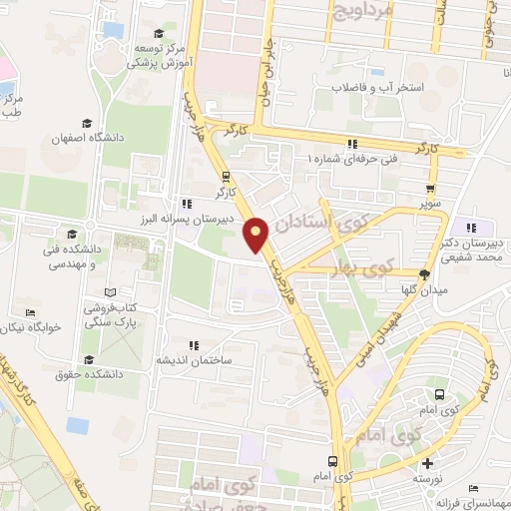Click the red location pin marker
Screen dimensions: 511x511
click(257, 237)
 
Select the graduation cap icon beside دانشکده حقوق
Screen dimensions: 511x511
click(88, 359)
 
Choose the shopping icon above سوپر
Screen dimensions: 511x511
click(431, 188)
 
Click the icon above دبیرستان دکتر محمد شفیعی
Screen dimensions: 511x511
click(470, 229)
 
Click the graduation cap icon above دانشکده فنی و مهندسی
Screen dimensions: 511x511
click(70, 234)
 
